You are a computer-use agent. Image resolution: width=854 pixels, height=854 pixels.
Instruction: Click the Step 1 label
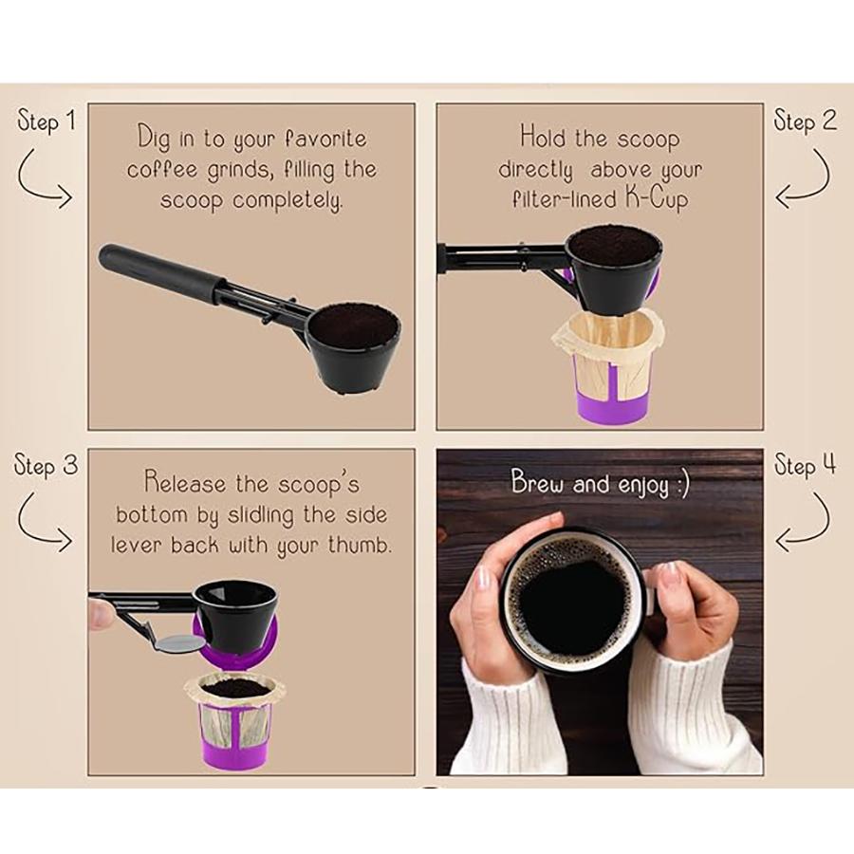[x=45, y=122]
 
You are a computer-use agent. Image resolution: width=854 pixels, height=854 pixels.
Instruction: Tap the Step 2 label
[x=805, y=121]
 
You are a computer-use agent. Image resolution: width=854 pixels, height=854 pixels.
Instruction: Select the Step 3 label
[x=45, y=466]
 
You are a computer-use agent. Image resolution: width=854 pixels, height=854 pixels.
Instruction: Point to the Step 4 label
[x=805, y=466]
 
